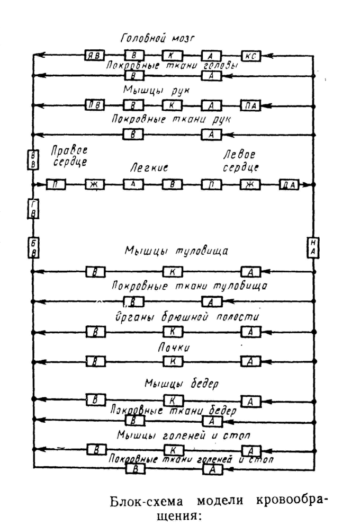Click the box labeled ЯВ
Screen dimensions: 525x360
[x=96, y=56]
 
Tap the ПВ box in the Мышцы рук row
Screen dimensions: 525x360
[x=96, y=105]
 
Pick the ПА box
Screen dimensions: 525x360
[x=250, y=105]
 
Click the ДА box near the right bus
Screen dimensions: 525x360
[x=289, y=184]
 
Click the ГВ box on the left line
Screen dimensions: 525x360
[x=33, y=209]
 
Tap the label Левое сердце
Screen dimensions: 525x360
[x=241, y=161]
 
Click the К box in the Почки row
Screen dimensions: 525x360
[x=173, y=361]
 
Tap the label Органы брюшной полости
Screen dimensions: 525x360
[x=180, y=318]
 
